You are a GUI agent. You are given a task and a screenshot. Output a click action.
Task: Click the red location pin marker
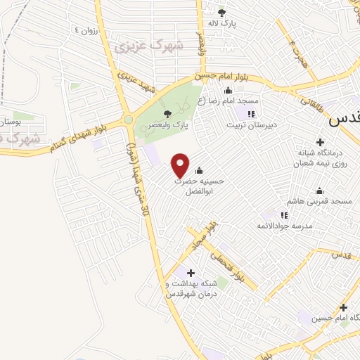181,165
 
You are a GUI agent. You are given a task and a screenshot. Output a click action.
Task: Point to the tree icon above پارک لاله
221,12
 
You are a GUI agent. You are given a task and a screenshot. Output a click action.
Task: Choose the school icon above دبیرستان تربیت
250,114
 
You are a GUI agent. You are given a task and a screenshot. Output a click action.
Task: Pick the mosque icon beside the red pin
199,170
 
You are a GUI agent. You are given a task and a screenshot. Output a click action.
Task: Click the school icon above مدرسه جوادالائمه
284,215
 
